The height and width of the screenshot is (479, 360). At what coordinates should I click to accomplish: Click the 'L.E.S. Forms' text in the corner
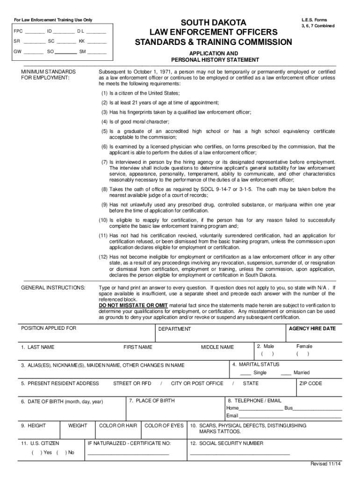(x=315, y=20)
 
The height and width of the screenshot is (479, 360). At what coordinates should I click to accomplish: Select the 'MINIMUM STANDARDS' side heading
(x=48, y=72)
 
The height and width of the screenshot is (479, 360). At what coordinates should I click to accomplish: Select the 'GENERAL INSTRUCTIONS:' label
(x=53, y=287)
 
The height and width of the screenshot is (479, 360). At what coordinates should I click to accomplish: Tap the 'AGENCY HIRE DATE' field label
(x=312, y=329)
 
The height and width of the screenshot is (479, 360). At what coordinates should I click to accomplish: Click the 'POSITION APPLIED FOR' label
(x=49, y=328)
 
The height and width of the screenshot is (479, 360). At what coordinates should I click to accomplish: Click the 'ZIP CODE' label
(x=311, y=384)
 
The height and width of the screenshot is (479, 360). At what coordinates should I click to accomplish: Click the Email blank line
(x=290, y=417)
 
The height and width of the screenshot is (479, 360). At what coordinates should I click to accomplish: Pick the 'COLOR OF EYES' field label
(x=164, y=426)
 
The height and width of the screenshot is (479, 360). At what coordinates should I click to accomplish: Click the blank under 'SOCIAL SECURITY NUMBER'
(x=239, y=454)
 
